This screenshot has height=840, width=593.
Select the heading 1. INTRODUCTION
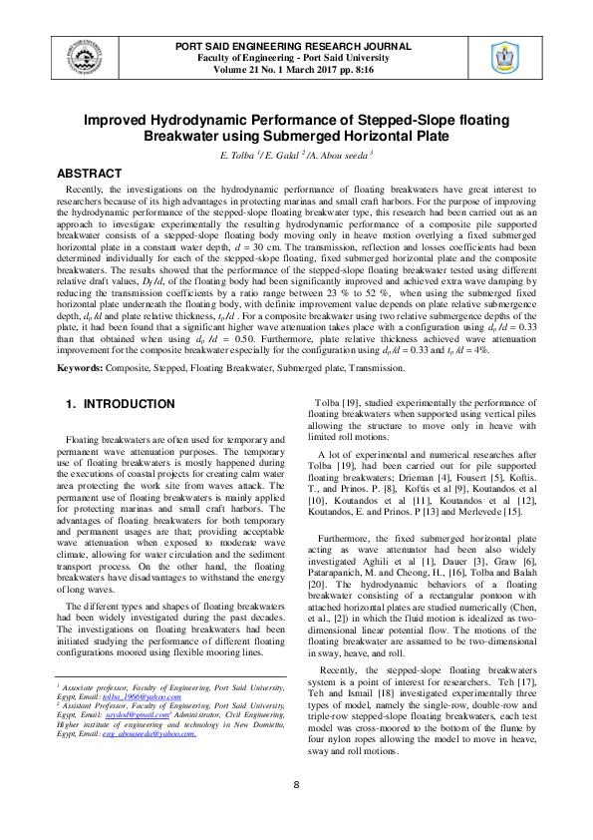coord(120,404)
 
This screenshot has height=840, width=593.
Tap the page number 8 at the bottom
coord(296,812)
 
